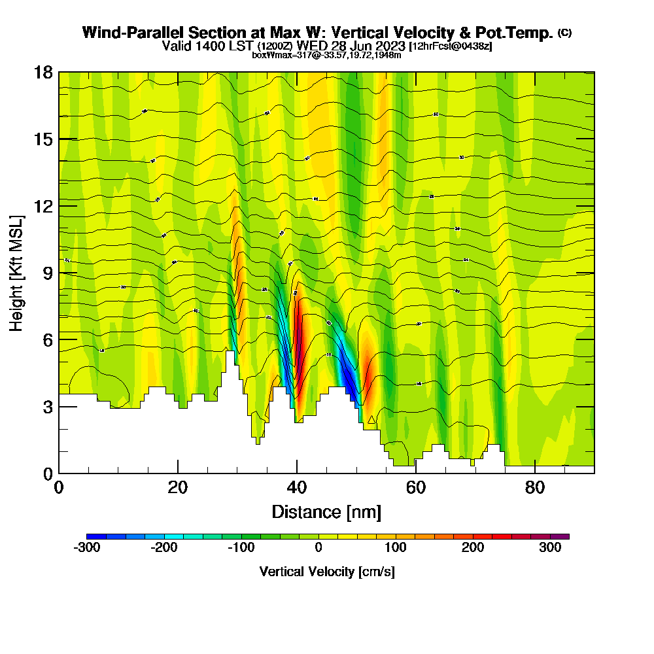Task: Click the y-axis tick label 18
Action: (x=43, y=72)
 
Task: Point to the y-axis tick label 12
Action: (x=43, y=206)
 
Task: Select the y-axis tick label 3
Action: (x=48, y=407)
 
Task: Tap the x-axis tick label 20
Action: (x=178, y=487)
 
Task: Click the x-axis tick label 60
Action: (x=416, y=487)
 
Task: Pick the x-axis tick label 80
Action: (x=535, y=487)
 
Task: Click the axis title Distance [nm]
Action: (x=326, y=511)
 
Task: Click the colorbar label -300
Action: (x=87, y=548)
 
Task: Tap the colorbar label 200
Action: (x=472, y=548)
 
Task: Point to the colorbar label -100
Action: (x=241, y=548)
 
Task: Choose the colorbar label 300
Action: (x=550, y=548)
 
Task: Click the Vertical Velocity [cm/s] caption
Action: (x=326, y=572)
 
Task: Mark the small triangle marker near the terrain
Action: (x=371, y=420)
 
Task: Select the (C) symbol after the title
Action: (x=564, y=33)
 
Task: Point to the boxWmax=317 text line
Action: (x=326, y=55)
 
